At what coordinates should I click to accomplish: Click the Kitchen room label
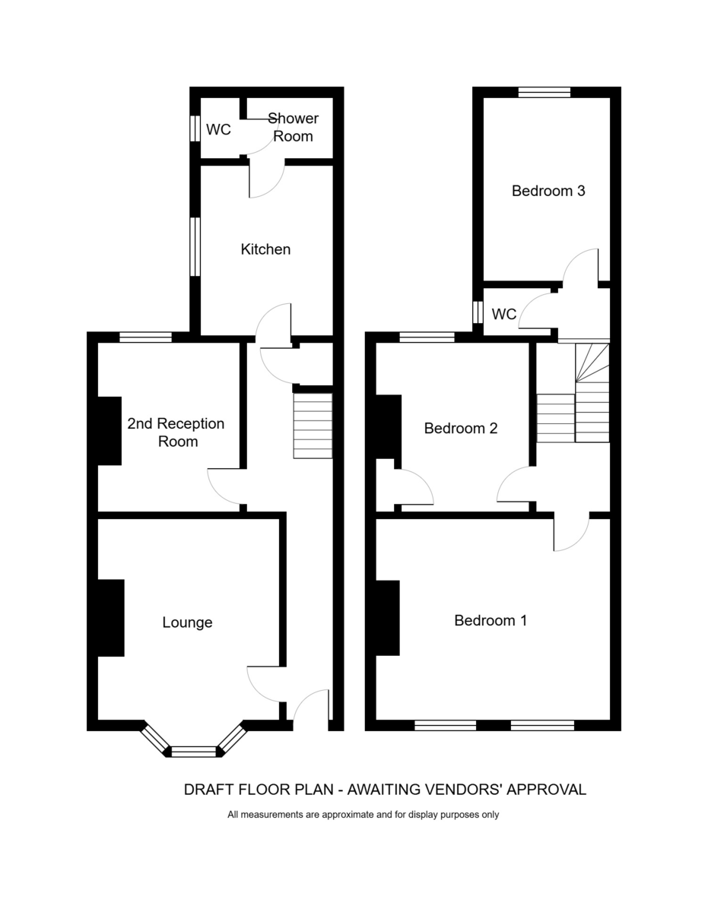pos(265,249)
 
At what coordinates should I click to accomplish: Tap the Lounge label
pos(187,622)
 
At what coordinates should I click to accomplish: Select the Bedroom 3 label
pos(548,191)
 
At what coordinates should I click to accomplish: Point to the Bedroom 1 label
pos(490,620)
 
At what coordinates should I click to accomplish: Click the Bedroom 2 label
pos(461,428)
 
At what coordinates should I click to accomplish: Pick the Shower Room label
pos(293,127)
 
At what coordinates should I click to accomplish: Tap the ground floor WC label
pos(218,130)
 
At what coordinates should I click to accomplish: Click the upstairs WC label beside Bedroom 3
pos(503,314)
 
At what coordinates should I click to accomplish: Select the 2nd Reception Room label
pos(176,432)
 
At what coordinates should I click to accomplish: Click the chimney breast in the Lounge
pos(111,617)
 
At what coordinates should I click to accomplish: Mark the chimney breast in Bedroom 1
pos(388,618)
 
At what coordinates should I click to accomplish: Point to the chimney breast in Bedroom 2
pos(389,426)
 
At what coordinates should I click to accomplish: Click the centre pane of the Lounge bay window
pos(194,752)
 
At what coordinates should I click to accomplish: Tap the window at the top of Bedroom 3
pos(544,92)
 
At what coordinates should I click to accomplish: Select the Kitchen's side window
pos(195,246)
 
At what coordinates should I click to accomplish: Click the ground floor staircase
pos(313,426)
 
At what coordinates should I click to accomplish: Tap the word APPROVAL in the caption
pos(546,790)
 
